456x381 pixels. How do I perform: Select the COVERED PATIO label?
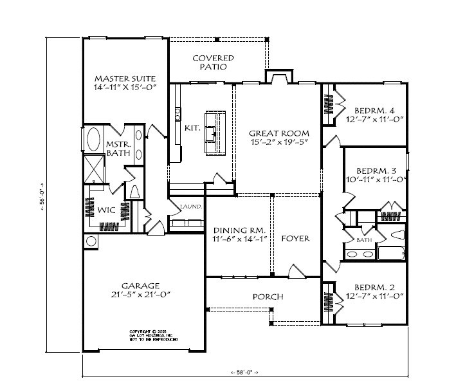click(x=213, y=62)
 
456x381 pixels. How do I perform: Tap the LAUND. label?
click(x=191, y=207)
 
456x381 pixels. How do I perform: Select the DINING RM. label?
click(x=239, y=229)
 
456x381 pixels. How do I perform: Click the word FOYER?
click(x=295, y=238)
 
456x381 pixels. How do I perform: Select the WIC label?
click(x=106, y=210)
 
